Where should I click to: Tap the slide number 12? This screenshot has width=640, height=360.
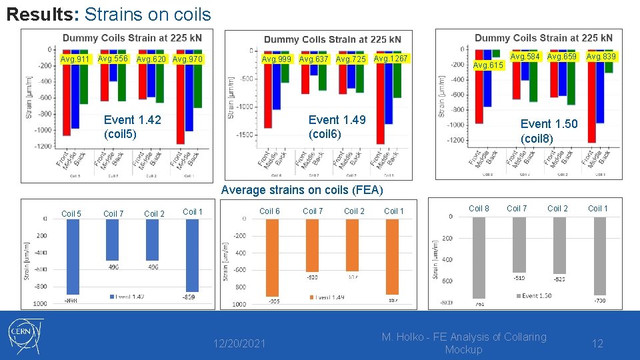point(598,343)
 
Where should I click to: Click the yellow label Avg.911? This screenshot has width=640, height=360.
point(75,60)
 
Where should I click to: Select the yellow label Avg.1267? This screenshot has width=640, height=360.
point(390,59)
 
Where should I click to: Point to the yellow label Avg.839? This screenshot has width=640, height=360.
point(601,57)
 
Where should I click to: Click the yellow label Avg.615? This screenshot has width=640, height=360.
point(487,65)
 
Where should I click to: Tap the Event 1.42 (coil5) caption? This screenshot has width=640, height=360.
point(132,127)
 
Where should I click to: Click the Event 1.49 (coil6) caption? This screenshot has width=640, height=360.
point(337,127)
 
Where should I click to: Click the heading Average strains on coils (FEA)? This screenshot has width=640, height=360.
point(302,191)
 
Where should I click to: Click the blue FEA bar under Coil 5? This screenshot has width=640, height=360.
point(72,257)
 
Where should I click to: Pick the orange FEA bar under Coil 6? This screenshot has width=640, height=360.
point(272,257)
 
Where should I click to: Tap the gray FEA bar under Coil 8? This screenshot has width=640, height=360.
point(478,257)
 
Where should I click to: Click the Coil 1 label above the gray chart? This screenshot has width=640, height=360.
point(597,209)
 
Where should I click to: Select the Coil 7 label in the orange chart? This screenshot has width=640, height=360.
point(313,211)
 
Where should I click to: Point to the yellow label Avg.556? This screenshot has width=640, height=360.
point(113,59)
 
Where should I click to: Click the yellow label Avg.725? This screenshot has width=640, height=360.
point(351,60)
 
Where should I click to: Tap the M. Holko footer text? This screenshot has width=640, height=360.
point(463,343)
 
